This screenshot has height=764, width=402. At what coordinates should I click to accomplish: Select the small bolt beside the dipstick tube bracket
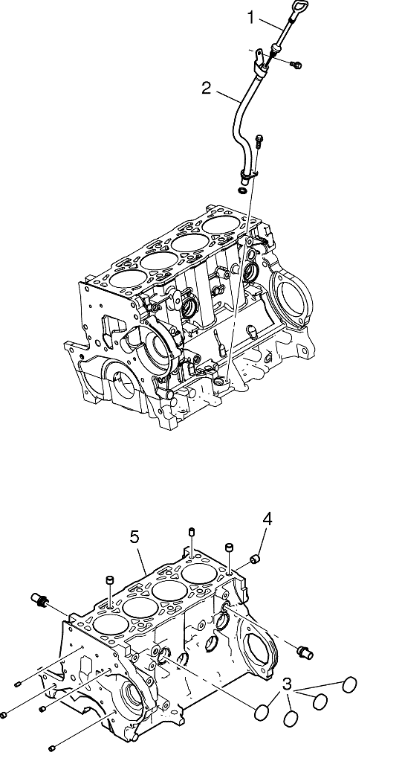click(296, 65)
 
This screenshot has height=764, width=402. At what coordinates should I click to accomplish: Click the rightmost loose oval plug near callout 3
click(350, 684)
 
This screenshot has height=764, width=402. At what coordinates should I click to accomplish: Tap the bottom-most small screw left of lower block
click(54, 746)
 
